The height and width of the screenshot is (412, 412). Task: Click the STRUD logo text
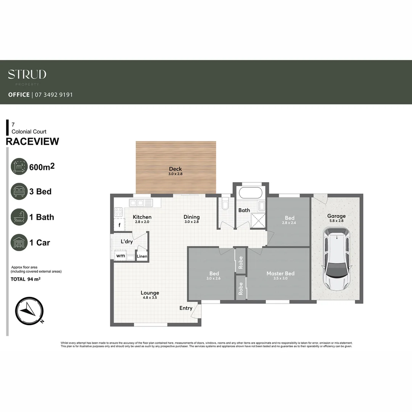27,74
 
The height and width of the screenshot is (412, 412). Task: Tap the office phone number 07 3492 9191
54,95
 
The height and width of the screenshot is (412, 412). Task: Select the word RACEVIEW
32,142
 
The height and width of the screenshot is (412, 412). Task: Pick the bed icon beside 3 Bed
19,192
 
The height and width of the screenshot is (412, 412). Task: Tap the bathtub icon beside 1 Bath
19,217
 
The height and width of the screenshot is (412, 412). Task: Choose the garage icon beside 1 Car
19,242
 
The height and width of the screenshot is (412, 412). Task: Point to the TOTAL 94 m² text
26,279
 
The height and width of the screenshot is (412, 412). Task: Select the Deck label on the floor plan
175,169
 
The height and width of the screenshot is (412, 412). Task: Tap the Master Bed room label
280,274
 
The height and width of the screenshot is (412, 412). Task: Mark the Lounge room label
150,293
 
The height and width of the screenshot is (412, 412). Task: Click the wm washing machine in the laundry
121,256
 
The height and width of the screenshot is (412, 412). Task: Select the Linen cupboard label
142,256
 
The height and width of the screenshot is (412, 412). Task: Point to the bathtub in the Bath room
250,193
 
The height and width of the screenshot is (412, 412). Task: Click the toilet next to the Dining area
225,204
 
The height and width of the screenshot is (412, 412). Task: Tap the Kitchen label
142,217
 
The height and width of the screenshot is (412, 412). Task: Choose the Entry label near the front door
186,308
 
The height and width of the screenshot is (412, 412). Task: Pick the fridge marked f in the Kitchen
119,225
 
